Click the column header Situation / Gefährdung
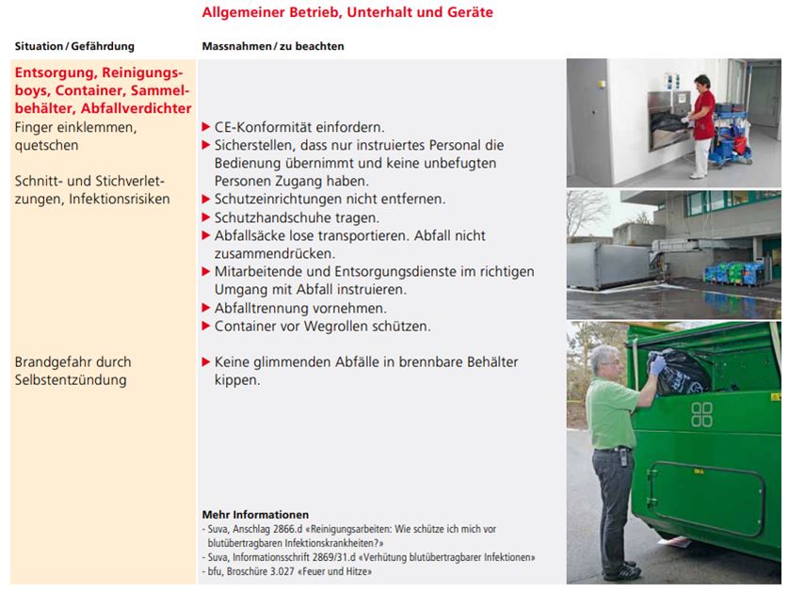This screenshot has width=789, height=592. coord(74,46)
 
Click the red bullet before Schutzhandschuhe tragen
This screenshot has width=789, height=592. coord(206,217)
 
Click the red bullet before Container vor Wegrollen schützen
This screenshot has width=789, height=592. coord(206,327)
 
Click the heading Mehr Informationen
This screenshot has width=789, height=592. coord(255,515)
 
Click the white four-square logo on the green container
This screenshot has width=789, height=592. coord(701,414)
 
